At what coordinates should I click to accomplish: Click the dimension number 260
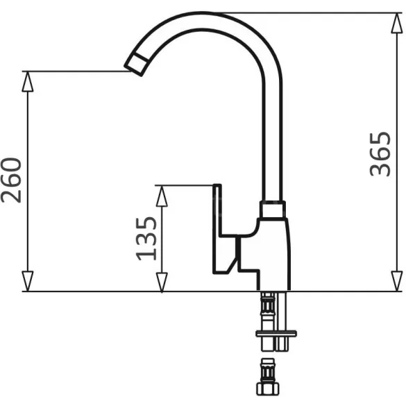pyautogui.click(x=11, y=180)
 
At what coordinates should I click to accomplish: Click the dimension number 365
pyautogui.click(x=380, y=154)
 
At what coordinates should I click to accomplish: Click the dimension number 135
pyautogui.click(x=146, y=239)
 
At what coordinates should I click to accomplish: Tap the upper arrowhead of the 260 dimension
pyautogui.click(x=28, y=81)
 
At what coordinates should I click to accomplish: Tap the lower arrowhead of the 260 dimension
pyautogui.click(x=28, y=281)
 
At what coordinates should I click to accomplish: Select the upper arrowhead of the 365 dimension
pyautogui.click(x=397, y=23)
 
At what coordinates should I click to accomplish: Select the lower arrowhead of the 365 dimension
pyautogui.click(x=397, y=281)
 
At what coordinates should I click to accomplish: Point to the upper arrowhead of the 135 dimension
pyautogui.click(x=162, y=196)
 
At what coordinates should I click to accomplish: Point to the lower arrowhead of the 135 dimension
pyautogui.click(x=162, y=282)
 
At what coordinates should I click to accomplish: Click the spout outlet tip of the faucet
pyautogui.click(x=137, y=65)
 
